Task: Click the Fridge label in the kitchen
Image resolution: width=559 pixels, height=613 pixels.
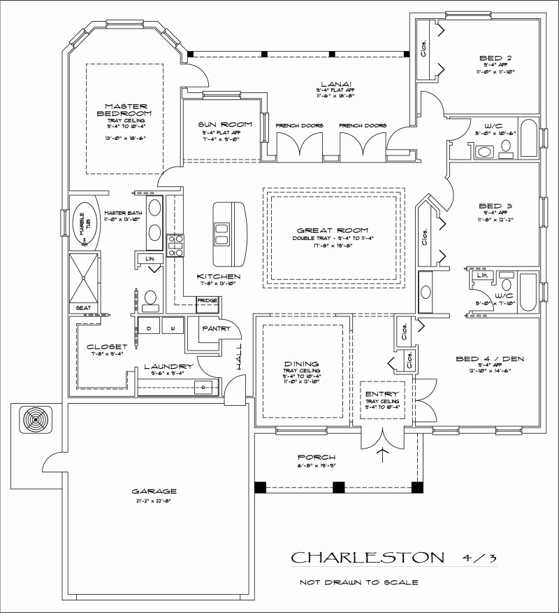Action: click(207, 301)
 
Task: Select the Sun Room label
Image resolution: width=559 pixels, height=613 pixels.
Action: click(221, 125)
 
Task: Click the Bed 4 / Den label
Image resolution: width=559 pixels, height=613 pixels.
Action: click(489, 359)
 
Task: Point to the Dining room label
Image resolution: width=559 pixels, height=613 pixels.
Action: click(302, 364)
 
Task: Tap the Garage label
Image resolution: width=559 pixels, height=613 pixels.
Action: click(154, 491)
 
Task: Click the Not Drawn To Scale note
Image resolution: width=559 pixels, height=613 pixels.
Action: click(358, 582)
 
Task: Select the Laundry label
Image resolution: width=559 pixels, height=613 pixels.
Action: click(168, 367)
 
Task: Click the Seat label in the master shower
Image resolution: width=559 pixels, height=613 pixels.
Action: click(82, 308)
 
